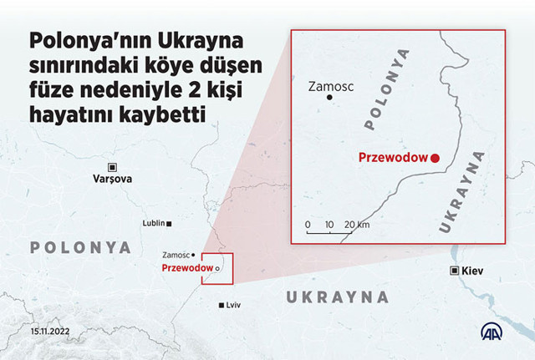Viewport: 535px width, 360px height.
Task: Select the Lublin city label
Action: point(153,224)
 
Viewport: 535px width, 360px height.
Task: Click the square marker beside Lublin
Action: point(170,224)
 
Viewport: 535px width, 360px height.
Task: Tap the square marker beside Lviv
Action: point(221,306)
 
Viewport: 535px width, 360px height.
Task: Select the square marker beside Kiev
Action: point(455,271)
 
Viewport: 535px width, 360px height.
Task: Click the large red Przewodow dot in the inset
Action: point(435,156)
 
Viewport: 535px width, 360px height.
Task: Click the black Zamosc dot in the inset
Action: point(329,99)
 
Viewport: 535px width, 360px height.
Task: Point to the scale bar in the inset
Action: point(329,231)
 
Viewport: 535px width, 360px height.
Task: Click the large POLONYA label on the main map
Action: point(81,247)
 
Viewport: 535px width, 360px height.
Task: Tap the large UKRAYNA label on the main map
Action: point(338,297)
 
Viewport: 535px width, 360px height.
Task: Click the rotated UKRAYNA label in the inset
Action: point(461,193)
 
